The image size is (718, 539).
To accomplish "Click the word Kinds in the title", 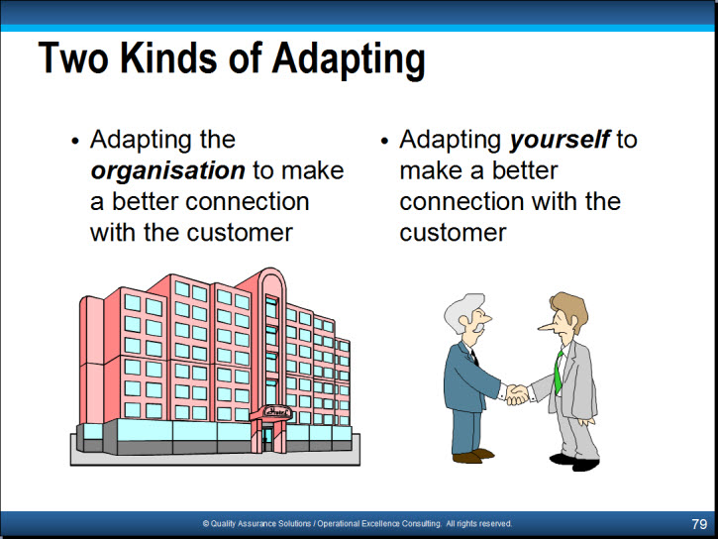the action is point(167,58).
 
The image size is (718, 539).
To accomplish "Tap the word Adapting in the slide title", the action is point(349,60).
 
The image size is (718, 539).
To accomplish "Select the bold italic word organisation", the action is point(167,171).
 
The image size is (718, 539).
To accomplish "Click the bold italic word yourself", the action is point(560,140).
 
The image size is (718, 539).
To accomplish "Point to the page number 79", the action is point(699,524).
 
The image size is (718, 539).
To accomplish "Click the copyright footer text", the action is point(358,523).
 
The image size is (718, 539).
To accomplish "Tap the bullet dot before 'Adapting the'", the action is point(75,141).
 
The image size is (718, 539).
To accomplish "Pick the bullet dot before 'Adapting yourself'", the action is point(384,141).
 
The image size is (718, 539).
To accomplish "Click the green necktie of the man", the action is point(559,373).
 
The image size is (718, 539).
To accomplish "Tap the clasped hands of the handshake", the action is point(517,394).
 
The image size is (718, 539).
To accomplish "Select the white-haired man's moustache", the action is point(477,327).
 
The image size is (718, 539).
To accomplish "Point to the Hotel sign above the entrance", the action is point(277,412).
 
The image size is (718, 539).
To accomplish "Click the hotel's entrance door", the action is point(267,439).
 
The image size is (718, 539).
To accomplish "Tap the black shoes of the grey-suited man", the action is point(575,462).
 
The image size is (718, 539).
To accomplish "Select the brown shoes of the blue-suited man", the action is point(473,456).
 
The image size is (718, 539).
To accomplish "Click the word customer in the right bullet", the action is point(453,233).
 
